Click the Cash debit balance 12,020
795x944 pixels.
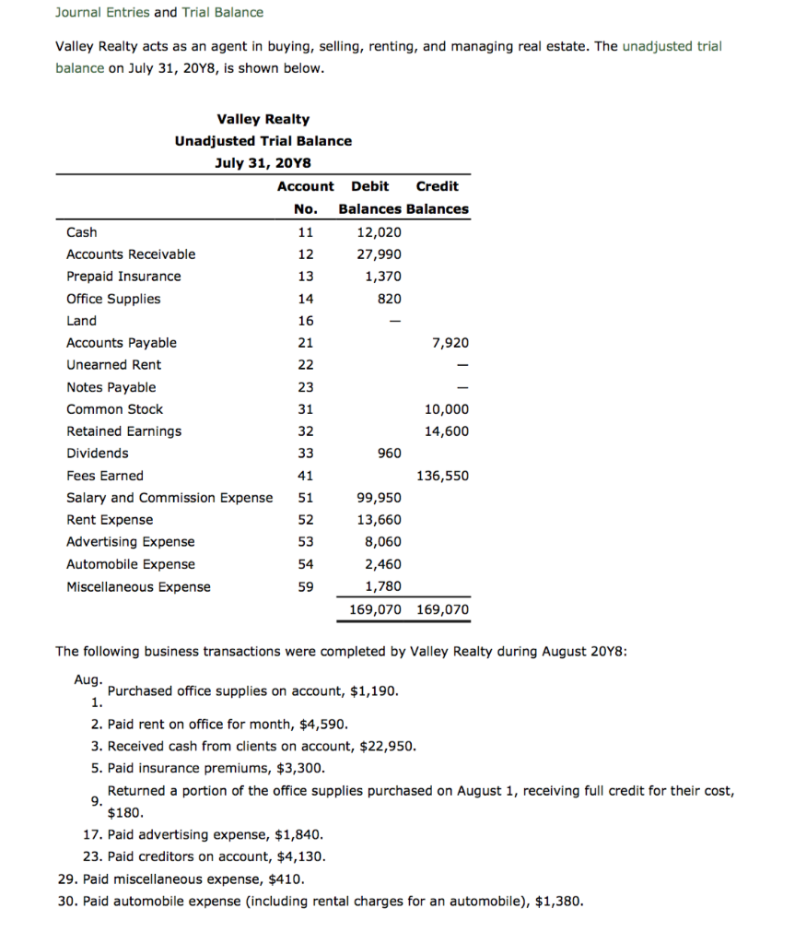379,232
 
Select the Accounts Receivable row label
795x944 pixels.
131,254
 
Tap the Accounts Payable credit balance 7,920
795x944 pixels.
450,343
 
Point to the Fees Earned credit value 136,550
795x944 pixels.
443,476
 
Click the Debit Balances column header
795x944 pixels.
370,197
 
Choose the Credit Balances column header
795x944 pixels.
438,197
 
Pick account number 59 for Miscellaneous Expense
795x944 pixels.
306,587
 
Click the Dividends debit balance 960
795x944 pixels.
390,454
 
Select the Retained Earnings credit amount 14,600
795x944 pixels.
446,431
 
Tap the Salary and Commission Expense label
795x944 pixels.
170,498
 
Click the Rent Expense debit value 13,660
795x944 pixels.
379,520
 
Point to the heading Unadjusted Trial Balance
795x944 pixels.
263,141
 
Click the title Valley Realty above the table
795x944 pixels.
263,119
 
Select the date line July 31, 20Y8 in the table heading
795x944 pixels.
263,163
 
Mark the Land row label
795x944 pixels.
81,321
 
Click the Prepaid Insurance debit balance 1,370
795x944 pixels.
382,277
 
